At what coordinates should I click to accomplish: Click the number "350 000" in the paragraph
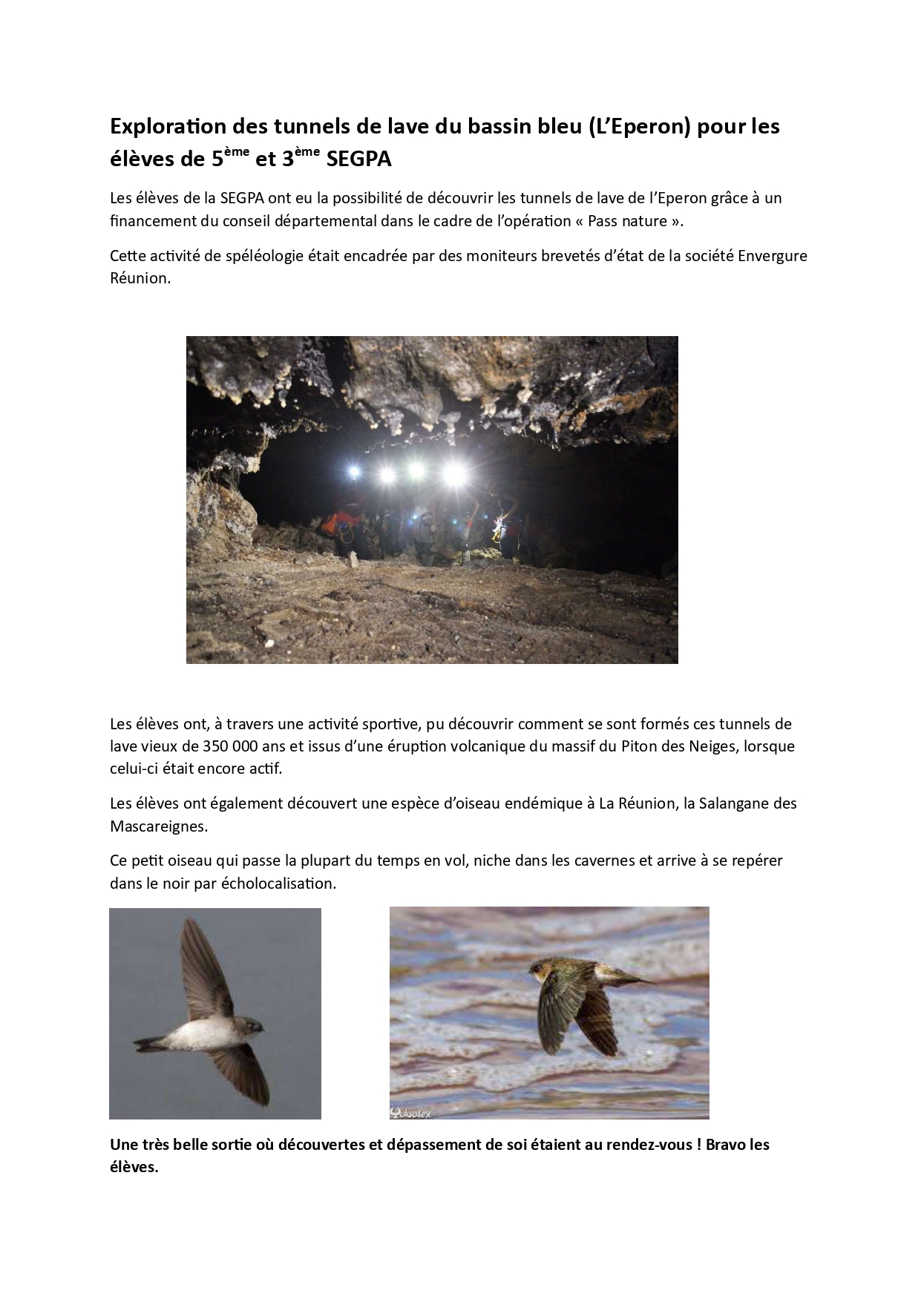tap(222, 746)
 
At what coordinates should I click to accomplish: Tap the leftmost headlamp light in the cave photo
tap(353, 471)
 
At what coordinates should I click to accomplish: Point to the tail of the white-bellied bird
tap(146, 1044)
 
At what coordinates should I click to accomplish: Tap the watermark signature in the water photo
tap(412, 1112)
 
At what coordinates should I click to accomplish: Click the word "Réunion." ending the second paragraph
tap(140, 279)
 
